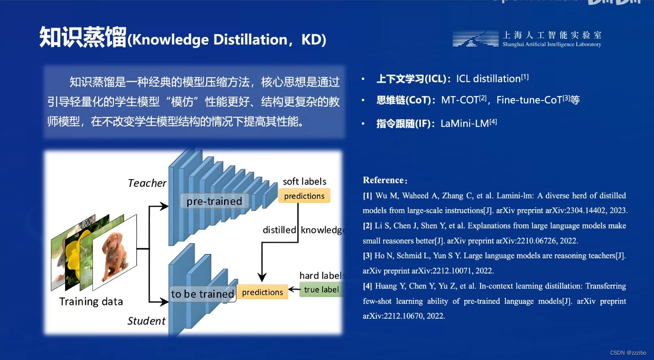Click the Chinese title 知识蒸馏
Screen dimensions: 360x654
click(82, 38)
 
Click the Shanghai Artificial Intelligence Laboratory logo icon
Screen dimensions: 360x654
click(475, 39)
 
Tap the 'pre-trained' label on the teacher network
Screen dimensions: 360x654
click(214, 201)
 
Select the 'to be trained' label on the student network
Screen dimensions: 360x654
click(202, 294)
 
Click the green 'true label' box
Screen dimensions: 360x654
click(321, 290)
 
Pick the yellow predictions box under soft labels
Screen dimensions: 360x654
click(304, 196)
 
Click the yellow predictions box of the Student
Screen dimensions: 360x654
click(262, 292)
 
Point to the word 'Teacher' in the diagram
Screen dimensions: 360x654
click(147, 183)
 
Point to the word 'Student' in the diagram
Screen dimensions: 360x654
click(147, 321)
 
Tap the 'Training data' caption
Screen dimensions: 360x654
click(91, 301)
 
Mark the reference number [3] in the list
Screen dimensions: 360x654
click(368, 256)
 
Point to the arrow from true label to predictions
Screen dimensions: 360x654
click(294, 291)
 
